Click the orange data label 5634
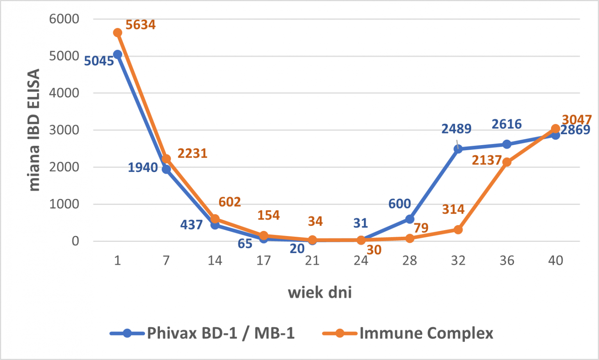140,25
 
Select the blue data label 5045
99,61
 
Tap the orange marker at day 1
118,33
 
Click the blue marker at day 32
458,149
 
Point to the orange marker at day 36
507,162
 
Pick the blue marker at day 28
409,219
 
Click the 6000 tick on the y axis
64,19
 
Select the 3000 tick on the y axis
64,130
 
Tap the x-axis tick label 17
263,261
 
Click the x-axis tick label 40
555,261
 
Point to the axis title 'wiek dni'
320,293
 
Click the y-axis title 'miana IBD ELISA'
34,130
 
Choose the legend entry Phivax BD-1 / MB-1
202,333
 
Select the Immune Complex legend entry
408,333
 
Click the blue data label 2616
507,124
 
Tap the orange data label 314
453,209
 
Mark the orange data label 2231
193,154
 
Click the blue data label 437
191,225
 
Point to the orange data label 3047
577,120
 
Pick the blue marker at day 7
167,169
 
